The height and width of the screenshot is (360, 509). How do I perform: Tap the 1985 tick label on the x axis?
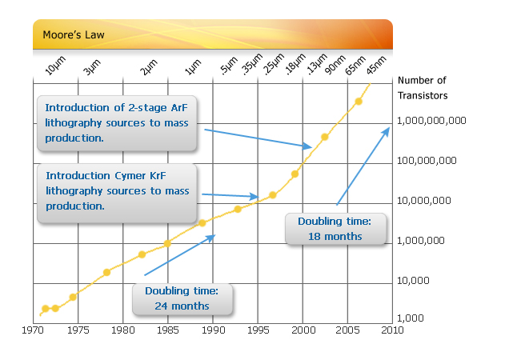(x=168, y=329)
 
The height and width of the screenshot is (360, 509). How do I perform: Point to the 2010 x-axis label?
(x=392, y=329)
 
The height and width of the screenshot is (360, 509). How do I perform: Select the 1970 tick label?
(x=33, y=329)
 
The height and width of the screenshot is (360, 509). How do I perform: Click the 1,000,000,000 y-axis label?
(x=431, y=122)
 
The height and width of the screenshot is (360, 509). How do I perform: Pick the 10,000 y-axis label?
(x=414, y=280)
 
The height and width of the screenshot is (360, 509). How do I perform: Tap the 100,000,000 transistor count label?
(x=427, y=161)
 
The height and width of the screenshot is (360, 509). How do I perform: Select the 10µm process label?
(x=54, y=66)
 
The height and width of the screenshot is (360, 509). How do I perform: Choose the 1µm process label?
(x=192, y=69)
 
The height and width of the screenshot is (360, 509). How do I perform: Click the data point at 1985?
(x=167, y=243)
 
